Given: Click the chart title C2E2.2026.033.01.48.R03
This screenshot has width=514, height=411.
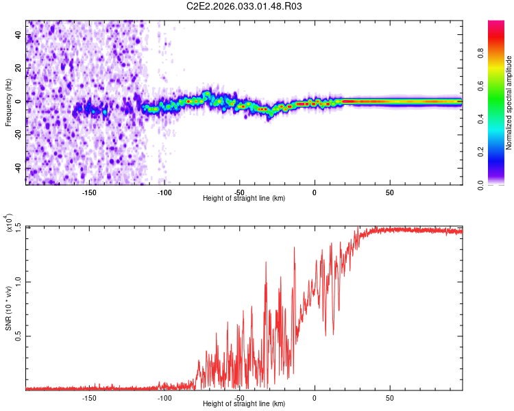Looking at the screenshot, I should pos(245,6).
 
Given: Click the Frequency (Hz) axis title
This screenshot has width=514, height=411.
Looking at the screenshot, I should pos(8,103).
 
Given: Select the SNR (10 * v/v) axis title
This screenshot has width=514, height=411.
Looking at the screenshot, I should pos(8,308).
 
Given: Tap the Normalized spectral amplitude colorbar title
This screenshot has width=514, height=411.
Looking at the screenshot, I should pos(509,103).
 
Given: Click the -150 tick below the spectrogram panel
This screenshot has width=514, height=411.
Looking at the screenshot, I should pos(89,192).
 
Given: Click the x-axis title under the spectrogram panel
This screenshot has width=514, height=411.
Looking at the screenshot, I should pos(244,199).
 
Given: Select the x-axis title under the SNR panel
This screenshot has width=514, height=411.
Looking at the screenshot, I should pos(244,404).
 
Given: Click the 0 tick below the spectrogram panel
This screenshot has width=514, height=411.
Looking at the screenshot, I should pos(314,192).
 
